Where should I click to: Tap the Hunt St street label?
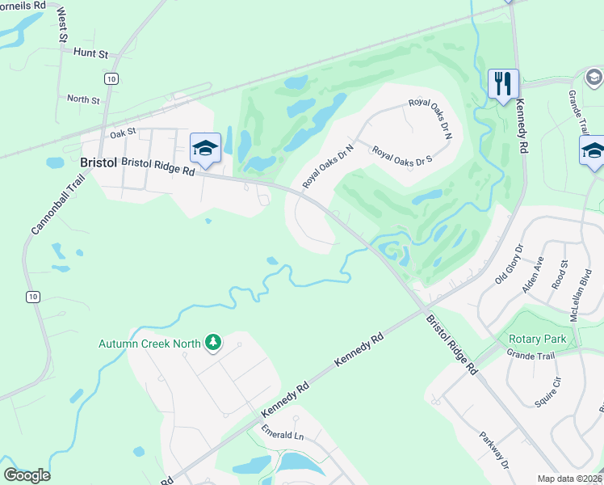point(90,53)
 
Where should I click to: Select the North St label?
point(83,99)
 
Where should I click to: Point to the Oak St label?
point(124,133)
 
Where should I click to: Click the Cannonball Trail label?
point(47,207)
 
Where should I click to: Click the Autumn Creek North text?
point(149,344)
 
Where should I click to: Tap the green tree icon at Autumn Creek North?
point(213,343)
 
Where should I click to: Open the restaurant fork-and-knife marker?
point(503,82)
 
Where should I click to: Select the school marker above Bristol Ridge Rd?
point(206,148)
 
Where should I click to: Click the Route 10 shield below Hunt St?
point(110,78)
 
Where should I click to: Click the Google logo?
point(27,475)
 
